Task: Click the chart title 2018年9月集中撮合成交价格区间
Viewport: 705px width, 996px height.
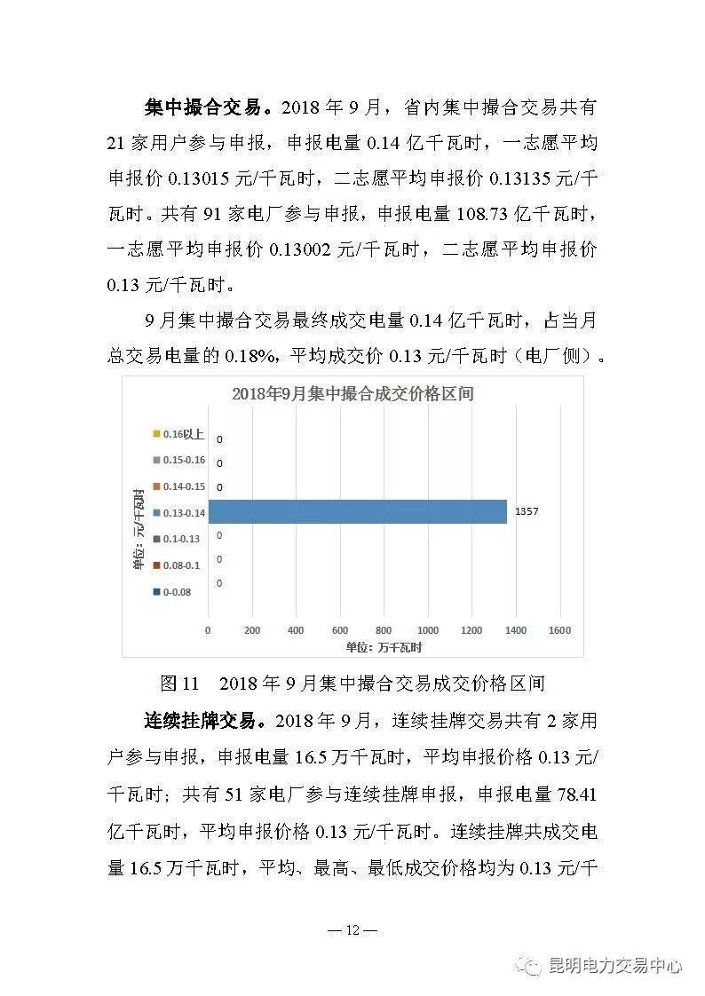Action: tap(352, 393)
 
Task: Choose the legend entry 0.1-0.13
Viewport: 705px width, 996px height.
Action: tap(177, 538)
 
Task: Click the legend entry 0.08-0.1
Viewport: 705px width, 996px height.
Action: tap(177, 565)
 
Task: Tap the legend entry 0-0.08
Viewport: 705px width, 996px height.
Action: tap(175, 590)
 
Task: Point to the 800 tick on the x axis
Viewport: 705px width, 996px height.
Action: tap(384, 630)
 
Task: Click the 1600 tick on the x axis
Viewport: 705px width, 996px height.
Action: tap(559, 630)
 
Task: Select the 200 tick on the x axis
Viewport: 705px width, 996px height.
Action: tap(252, 630)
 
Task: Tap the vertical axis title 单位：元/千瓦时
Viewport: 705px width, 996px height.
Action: tap(139, 528)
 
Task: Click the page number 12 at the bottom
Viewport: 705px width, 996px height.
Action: tap(352, 930)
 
